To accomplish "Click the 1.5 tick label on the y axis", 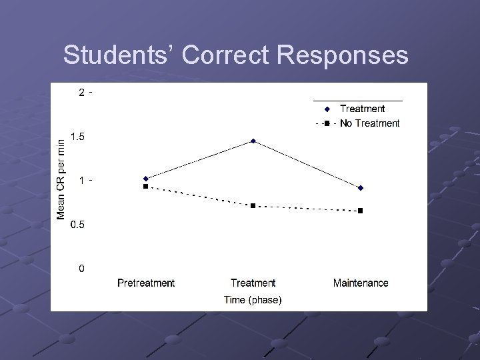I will (x=78, y=137).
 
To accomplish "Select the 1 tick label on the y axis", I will (x=81, y=181).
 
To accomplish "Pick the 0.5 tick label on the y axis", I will (x=78, y=225).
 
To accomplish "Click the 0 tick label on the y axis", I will (x=81, y=269).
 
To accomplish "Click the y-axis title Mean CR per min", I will (x=61, y=178).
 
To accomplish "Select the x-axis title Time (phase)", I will (x=253, y=300).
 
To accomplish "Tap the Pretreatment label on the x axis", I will (x=146, y=283).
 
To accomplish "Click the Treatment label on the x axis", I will (x=253, y=283).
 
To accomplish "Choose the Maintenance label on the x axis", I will (x=361, y=283).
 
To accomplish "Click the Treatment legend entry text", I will (x=362, y=109).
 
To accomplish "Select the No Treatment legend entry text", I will (x=369, y=123).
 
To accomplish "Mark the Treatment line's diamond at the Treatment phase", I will (x=253, y=141).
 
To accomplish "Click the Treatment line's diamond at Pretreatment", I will (x=146, y=179).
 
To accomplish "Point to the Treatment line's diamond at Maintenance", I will (x=361, y=188).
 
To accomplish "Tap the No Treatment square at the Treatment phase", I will (x=253, y=206).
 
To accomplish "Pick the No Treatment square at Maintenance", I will (x=361, y=211).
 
